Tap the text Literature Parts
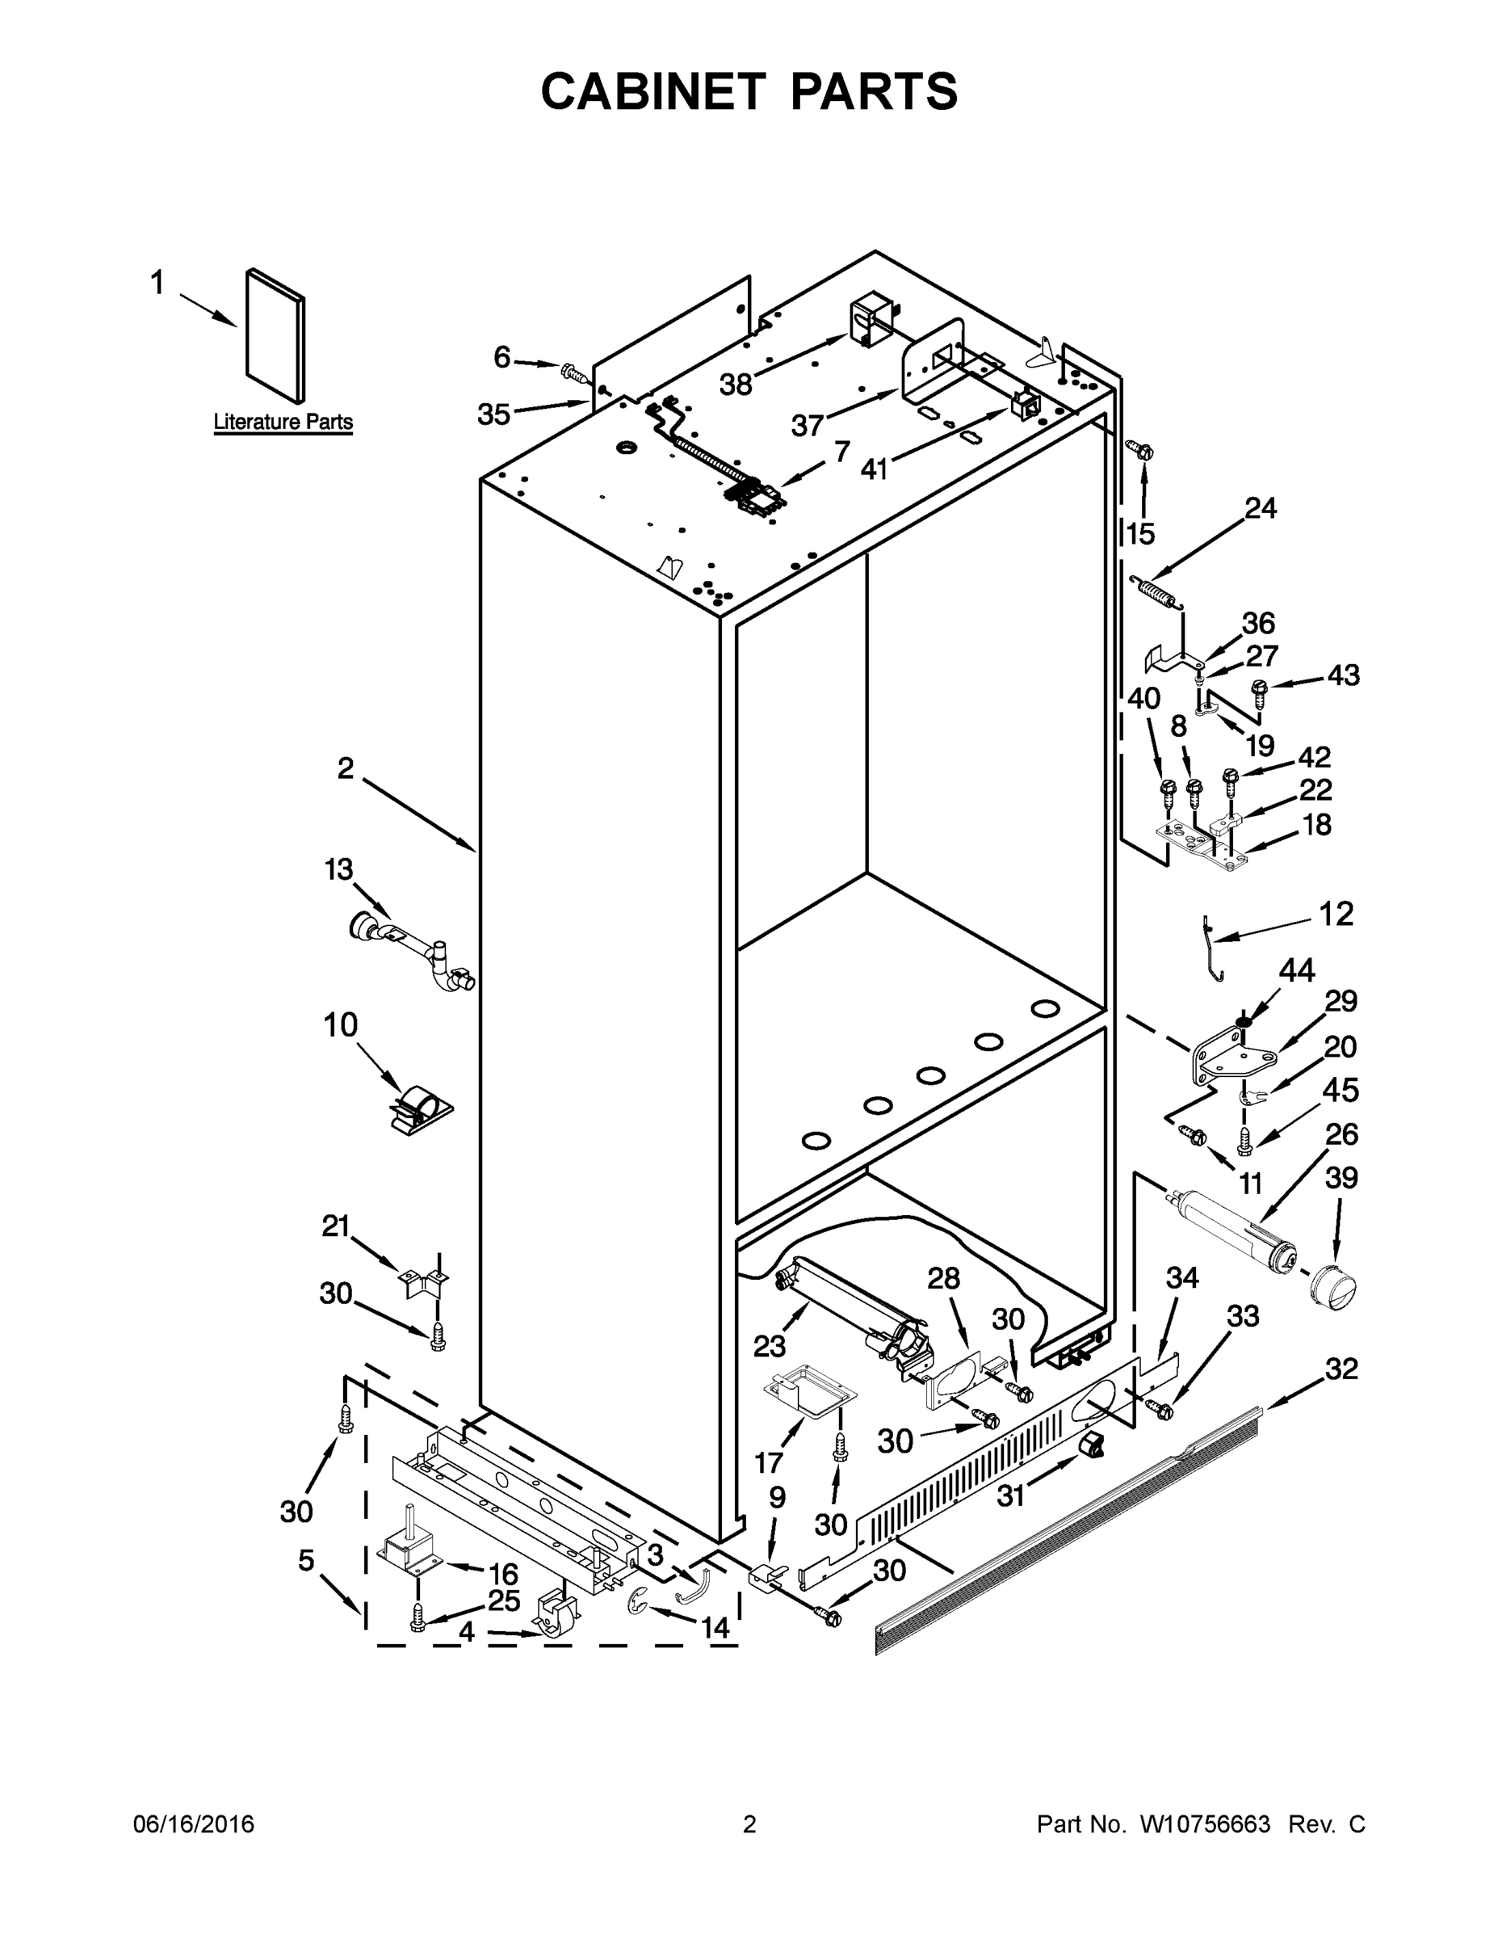(283, 422)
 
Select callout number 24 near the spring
(1260, 509)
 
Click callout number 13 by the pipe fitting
(338, 869)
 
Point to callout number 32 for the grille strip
(1341, 1369)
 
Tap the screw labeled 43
(1258, 690)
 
